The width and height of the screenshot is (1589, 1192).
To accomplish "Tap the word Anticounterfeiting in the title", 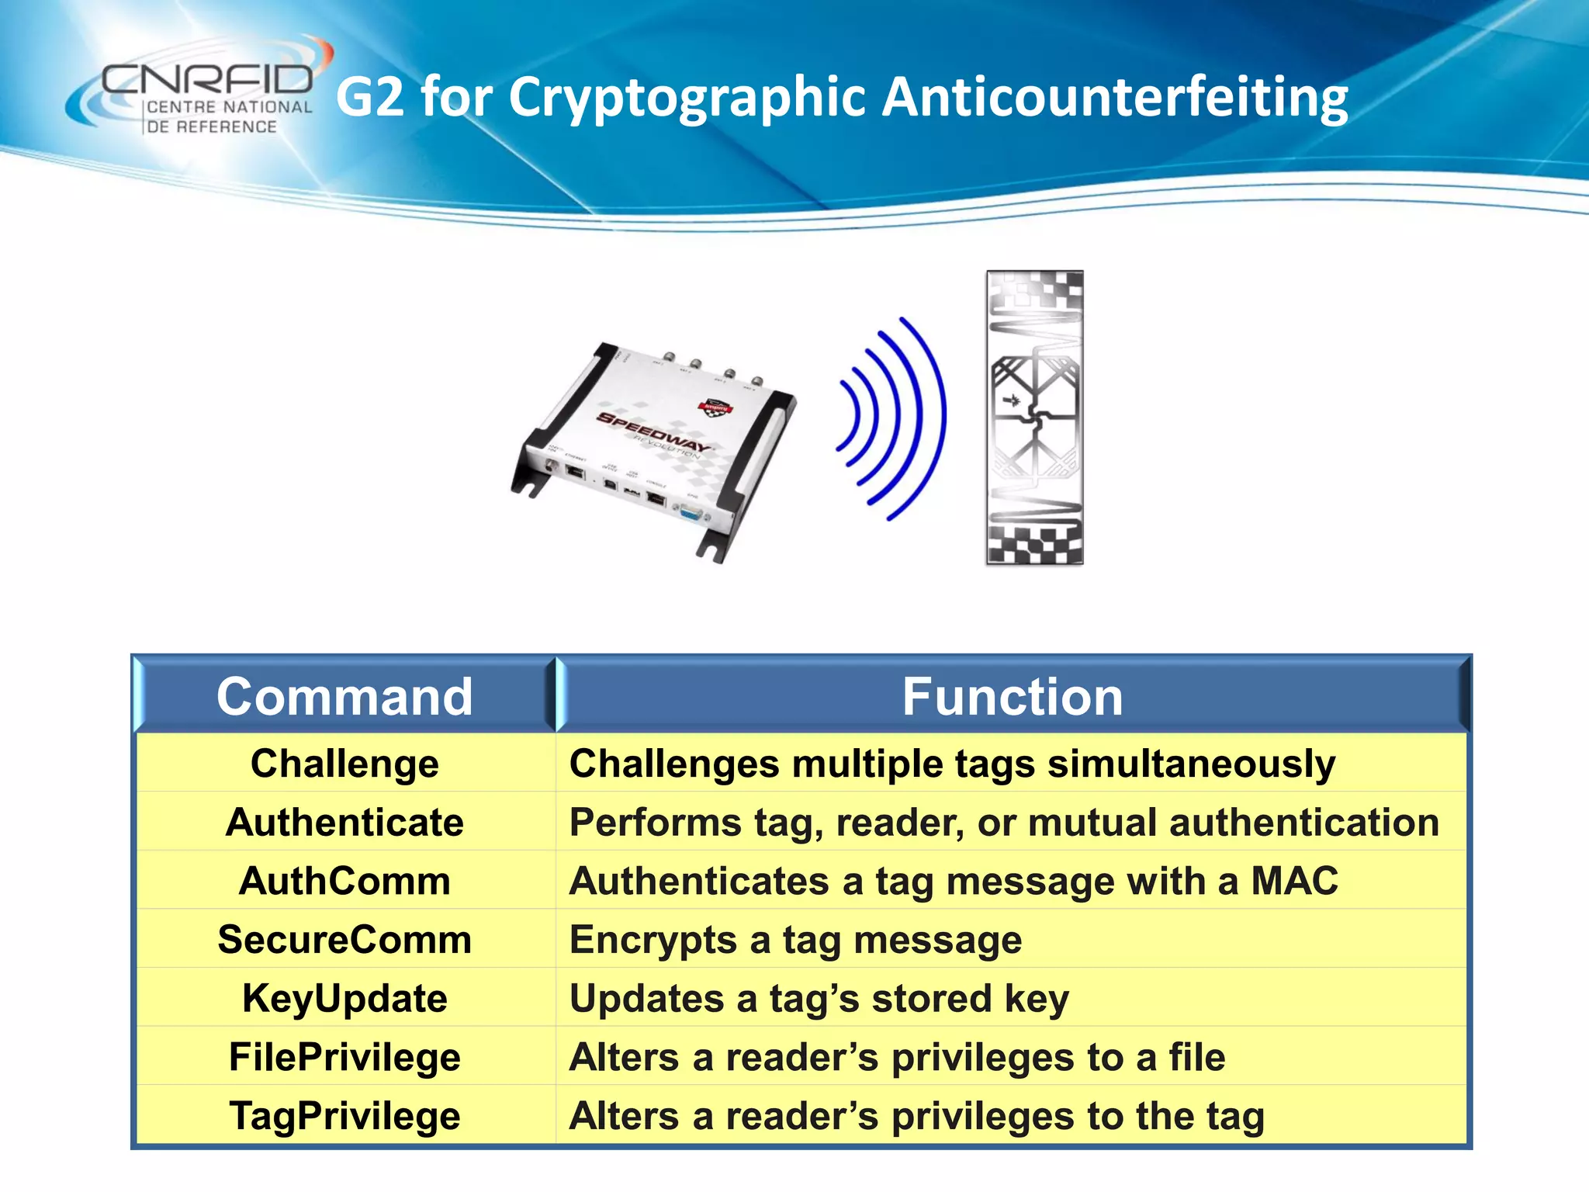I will [1115, 99].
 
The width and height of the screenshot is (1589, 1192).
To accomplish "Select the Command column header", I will [344, 696].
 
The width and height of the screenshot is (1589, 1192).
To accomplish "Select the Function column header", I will [1012, 696].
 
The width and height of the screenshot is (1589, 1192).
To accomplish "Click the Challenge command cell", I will [344, 764].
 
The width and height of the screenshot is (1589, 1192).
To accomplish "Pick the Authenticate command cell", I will [344, 823].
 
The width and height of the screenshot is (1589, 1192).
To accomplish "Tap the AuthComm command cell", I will [344, 882].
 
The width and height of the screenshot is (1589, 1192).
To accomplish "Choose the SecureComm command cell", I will [344, 940].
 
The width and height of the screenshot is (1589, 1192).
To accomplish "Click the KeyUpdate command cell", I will [344, 999].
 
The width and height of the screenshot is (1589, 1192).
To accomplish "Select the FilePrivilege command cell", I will [344, 1058].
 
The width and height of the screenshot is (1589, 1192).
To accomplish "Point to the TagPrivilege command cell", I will [344, 1117].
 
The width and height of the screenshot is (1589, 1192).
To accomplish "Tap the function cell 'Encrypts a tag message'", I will [795, 941].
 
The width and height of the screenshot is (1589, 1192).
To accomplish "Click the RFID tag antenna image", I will [1034, 418].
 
